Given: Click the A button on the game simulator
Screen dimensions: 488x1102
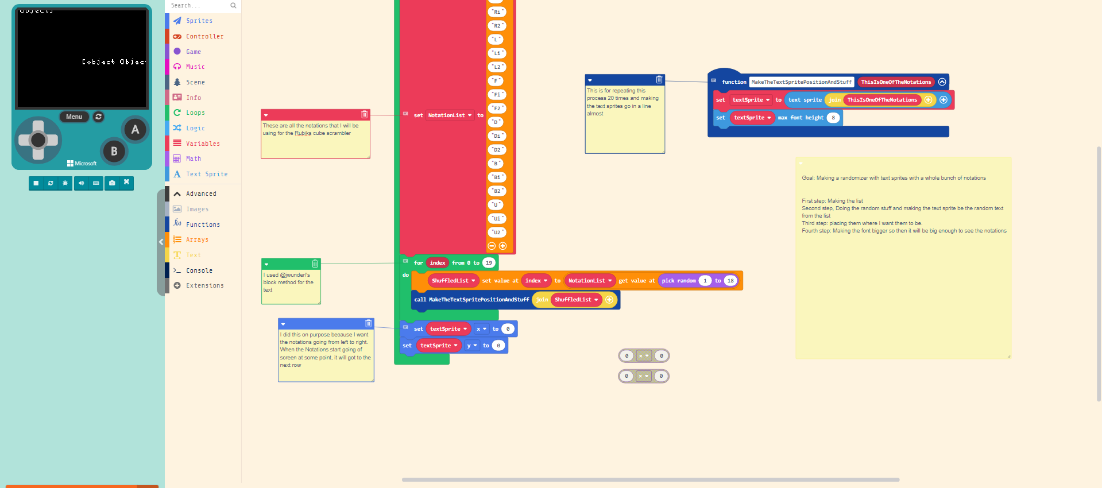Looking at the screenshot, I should point(135,129).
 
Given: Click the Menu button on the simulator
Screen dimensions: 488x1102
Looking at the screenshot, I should point(74,117).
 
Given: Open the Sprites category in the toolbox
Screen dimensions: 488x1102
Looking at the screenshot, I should point(199,21).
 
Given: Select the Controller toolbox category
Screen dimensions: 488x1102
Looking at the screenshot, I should point(204,36).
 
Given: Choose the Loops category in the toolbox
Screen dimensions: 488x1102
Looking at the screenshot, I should point(195,113).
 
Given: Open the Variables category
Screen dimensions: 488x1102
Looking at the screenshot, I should point(203,144).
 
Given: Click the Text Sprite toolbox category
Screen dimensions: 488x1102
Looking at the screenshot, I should point(206,174).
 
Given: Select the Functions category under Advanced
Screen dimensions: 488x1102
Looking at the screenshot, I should point(203,224).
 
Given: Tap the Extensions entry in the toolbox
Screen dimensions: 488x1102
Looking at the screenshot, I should point(204,285).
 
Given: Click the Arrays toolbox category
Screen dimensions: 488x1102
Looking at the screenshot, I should point(197,239).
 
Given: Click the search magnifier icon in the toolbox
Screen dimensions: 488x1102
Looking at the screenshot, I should point(233,6).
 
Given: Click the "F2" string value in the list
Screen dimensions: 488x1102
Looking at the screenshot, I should point(497,108).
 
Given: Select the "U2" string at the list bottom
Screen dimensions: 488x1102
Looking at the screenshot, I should point(497,232).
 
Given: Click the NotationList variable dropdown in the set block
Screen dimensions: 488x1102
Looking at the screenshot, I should point(450,115).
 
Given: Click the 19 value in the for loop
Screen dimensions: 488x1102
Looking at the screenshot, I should point(489,263).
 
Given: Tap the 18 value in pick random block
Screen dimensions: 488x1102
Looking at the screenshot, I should point(730,281).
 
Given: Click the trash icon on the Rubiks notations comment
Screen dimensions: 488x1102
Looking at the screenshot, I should point(364,114).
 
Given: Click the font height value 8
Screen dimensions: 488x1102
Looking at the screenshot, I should point(833,118).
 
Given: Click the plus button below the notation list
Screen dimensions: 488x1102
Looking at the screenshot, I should point(502,246).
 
